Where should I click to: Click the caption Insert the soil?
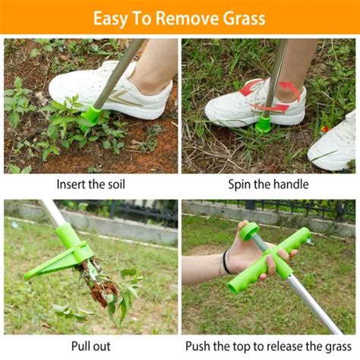point(91,184)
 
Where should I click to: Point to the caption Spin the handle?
point(269,184)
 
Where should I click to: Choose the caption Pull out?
point(91,347)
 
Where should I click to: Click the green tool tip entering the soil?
point(92,115)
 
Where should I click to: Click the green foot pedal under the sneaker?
point(264,122)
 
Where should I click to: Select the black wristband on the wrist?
point(226,262)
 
